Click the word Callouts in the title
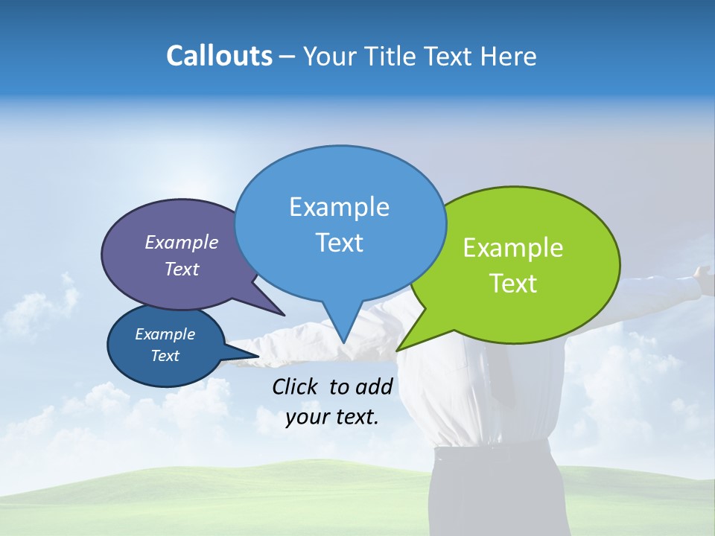[219, 56]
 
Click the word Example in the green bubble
[513, 248]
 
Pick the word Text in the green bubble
[513, 283]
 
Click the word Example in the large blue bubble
[339, 207]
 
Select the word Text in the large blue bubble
[339, 242]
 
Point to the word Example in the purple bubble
[182, 242]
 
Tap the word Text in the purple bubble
[182, 269]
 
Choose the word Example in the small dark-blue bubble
[165, 334]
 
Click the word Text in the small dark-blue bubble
[165, 356]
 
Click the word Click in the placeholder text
[296, 386]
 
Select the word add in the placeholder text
[373, 386]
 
